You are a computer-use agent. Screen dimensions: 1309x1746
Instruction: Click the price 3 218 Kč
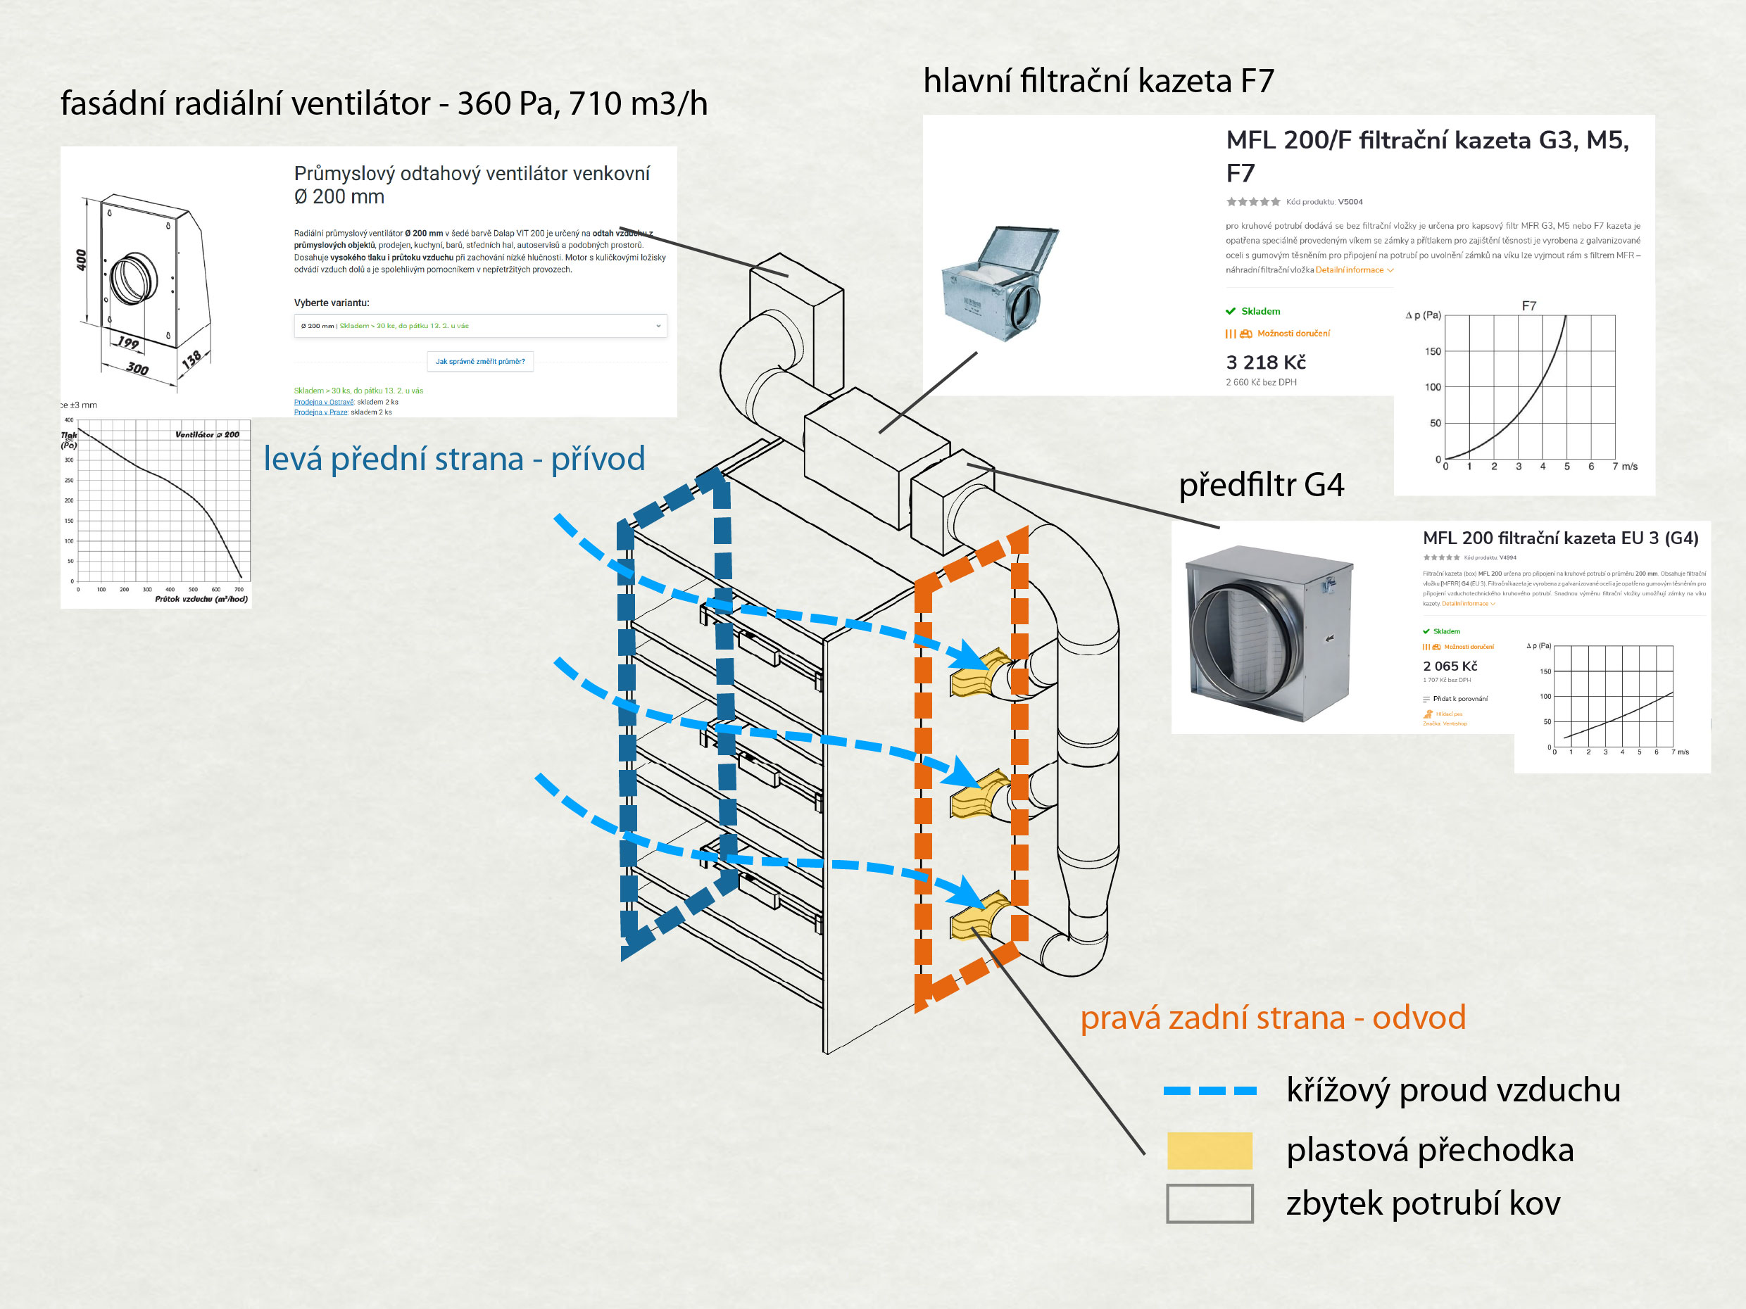[x=1265, y=362]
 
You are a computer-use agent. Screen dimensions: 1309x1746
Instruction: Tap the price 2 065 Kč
[x=1450, y=666]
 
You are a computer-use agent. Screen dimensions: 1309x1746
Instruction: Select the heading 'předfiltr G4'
[x=1260, y=484]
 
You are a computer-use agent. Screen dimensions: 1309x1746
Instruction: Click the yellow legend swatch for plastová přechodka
[x=1210, y=1151]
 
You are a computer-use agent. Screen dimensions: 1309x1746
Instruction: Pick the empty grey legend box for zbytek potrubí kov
[x=1210, y=1203]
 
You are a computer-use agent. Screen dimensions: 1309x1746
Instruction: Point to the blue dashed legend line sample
[x=1210, y=1090]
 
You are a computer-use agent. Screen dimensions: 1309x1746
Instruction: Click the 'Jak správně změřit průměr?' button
[x=480, y=361]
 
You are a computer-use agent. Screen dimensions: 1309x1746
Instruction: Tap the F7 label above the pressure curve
[x=1529, y=306]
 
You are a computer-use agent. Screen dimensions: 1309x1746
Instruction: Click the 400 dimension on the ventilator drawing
[x=80, y=259]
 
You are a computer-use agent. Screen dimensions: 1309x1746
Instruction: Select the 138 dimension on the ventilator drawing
[x=191, y=360]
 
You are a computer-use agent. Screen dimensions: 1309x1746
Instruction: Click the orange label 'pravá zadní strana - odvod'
[x=1272, y=1018]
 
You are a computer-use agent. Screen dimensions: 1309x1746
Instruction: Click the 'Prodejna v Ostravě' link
[x=324, y=402]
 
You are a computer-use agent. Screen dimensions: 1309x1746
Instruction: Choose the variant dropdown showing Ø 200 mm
[x=480, y=326]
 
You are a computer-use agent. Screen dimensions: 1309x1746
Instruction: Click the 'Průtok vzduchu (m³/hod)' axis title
[x=201, y=599]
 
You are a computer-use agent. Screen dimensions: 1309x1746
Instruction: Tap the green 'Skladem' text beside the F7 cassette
[x=1260, y=312]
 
